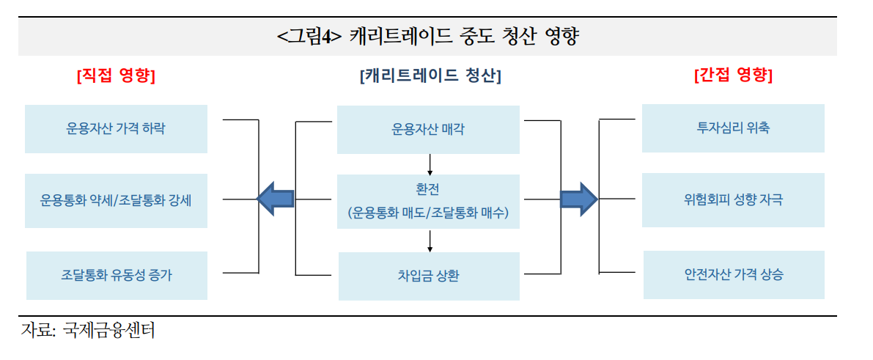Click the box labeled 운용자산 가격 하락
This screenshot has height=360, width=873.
click(x=116, y=129)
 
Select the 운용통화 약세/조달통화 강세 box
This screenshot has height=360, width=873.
click(x=116, y=199)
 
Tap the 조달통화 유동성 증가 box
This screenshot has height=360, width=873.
click(x=117, y=276)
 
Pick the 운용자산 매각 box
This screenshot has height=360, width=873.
click(x=428, y=130)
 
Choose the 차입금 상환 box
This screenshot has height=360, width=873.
click(x=429, y=276)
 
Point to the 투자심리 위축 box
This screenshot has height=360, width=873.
click(x=733, y=128)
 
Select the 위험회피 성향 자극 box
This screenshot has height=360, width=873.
click(x=733, y=199)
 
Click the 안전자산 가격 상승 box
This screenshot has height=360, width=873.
click(x=734, y=275)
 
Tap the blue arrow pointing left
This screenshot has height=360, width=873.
click(x=276, y=198)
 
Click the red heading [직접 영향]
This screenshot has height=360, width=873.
click(x=116, y=76)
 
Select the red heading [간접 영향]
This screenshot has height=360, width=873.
click(x=733, y=75)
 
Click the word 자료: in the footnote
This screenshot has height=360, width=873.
click(x=38, y=331)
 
